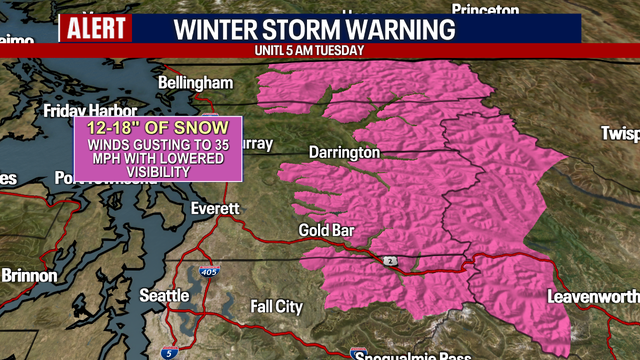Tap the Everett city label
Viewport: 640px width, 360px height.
pyautogui.click(x=216, y=208)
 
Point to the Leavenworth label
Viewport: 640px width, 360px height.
pyautogui.click(x=592, y=297)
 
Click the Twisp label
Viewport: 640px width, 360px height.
pyautogui.click(x=620, y=133)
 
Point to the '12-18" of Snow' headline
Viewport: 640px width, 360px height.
pyautogui.click(x=160, y=128)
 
